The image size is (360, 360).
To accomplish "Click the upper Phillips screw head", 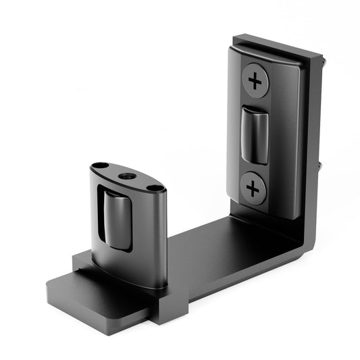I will click(255, 80).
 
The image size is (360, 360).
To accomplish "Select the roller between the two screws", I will click(254, 134).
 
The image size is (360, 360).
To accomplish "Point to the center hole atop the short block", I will click(126, 176).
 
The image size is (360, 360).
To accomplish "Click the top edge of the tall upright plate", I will click(277, 42).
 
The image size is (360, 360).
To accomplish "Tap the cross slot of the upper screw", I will click(255, 80).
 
